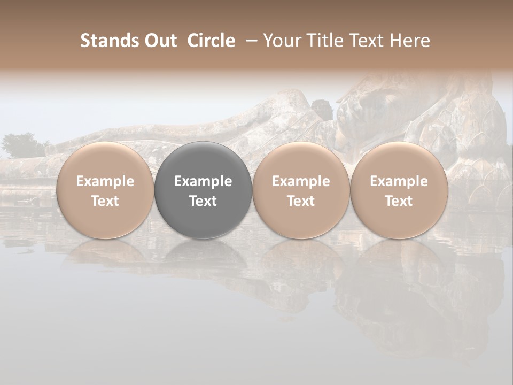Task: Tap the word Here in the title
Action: [410, 41]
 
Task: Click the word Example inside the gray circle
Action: [203, 181]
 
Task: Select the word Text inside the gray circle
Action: [203, 201]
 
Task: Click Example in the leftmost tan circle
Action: [105, 181]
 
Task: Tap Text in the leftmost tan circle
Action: [105, 201]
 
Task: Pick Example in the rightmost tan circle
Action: [399, 181]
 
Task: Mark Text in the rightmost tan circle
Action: [399, 201]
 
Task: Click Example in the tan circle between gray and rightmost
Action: [301, 181]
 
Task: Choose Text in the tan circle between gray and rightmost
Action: [301, 201]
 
